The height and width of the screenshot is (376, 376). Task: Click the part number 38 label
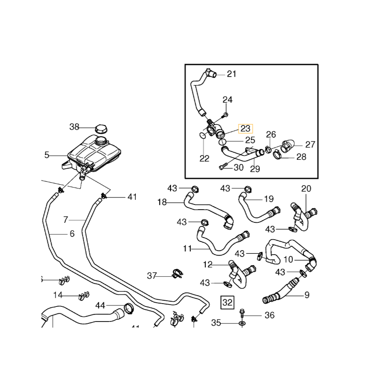point(75,126)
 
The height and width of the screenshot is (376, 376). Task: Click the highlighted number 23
point(246,129)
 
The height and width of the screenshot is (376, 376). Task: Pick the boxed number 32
point(227,302)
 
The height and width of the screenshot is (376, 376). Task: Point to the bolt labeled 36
point(242,312)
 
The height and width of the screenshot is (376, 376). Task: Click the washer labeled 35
point(242,323)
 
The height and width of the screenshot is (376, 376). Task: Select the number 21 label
point(232,74)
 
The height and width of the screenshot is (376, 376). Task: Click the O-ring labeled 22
point(202,135)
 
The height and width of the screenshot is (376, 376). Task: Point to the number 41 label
point(132,197)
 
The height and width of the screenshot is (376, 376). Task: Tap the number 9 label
point(307,296)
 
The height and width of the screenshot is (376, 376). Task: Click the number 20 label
point(306,188)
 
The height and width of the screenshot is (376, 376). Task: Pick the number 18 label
point(162,203)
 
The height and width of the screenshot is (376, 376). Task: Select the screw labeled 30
point(223,165)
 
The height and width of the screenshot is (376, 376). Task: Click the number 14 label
point(58,295)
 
